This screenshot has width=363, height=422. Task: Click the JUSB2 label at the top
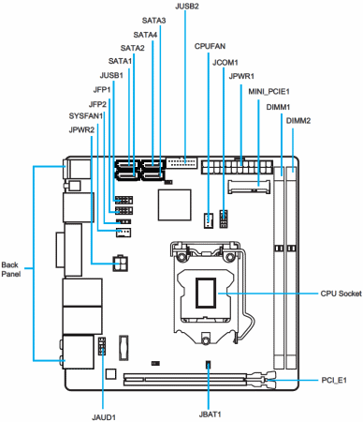(x=187, y=7)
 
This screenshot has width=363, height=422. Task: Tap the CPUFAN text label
(x=210, y=46)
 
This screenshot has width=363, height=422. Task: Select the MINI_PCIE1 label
(x=269, y=92)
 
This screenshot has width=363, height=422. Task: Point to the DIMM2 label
(x=298, y=121)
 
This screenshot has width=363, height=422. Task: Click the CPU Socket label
(x=341, y=294)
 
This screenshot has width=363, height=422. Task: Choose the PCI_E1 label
(x=334, y=380)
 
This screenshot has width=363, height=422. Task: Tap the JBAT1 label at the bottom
(x=210, y=414)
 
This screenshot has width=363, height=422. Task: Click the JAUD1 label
(x=104, y=417)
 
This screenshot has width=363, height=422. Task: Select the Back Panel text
(x=11, y=269)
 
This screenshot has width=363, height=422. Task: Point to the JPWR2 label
(x=81, y=129)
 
